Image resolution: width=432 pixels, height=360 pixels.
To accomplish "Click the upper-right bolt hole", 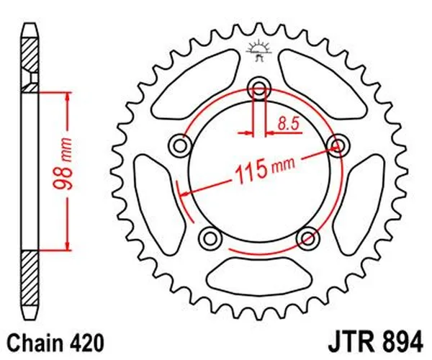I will click(336, 146).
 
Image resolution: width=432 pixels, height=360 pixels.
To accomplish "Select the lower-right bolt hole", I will click(307, 237).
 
